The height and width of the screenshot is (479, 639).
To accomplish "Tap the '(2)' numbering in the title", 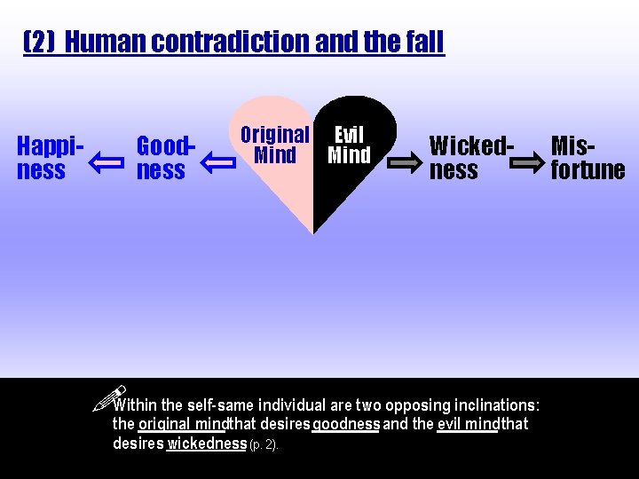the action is (41, 42).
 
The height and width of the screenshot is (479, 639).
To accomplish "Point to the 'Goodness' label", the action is (163, 157).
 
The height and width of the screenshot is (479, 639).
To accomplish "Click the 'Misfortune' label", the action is (587, 157).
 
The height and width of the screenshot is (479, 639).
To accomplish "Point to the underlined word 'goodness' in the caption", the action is (346, 424).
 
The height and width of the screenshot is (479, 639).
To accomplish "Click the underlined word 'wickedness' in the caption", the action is (207, 443).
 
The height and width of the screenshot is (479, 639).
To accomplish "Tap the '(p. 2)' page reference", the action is (264, 444).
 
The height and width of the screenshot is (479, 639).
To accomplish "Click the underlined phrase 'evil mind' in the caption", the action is (468, 424).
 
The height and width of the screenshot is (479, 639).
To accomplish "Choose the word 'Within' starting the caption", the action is (137, 405).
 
